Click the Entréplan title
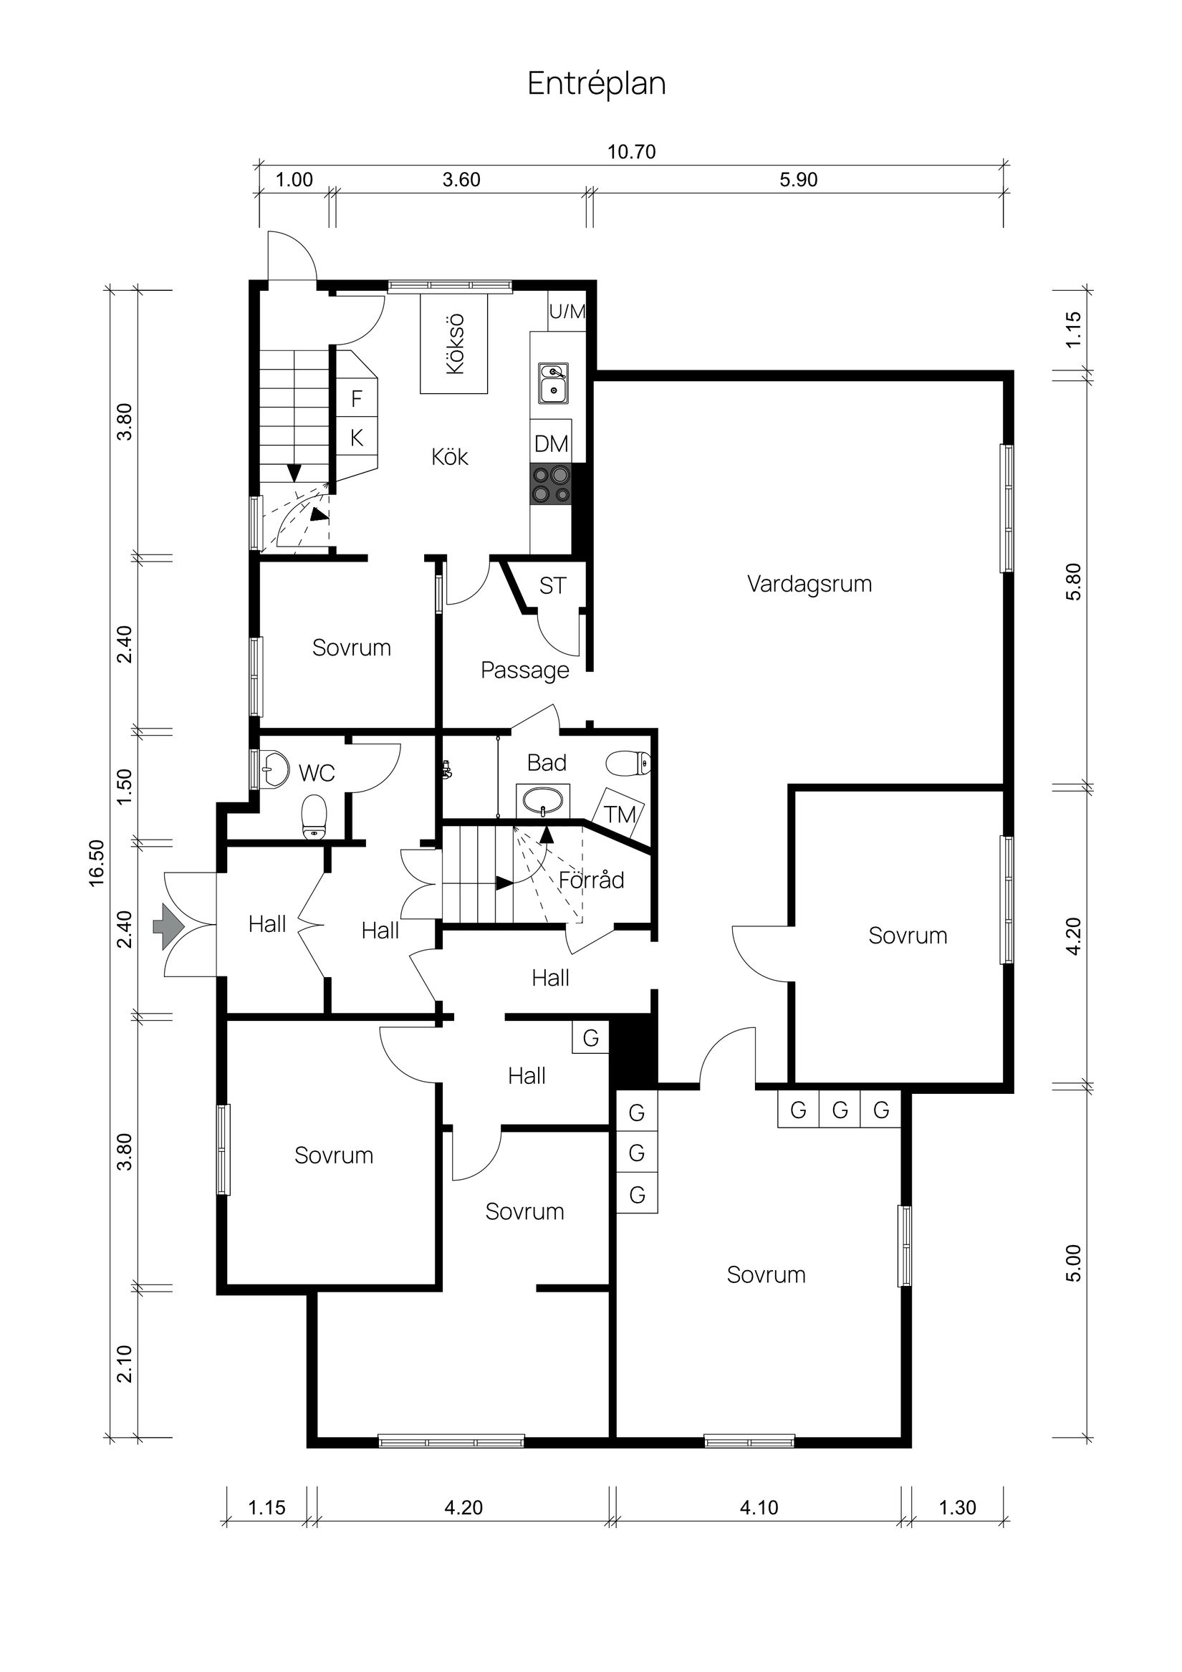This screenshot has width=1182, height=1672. tap(596, 84)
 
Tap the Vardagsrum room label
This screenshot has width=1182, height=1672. tap(809, 584)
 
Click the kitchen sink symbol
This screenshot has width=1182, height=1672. tap(554, 384)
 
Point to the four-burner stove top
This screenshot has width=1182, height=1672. tap(551, 484)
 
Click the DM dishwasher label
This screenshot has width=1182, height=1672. tap(551, 443)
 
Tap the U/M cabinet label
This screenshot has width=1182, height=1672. tap(567, 312)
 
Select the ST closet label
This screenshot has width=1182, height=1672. tap(552, 585)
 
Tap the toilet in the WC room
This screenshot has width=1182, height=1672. tap(314, 817)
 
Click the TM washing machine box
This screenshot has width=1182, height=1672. tap(618, 813)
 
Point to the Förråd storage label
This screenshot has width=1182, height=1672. tap(592, 880)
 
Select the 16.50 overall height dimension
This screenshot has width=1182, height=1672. tap(97, 863)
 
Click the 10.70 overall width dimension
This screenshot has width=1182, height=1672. tap(631, 152)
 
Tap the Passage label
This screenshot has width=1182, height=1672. tap(524, 670)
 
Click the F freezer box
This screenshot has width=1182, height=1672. tap(357, 398)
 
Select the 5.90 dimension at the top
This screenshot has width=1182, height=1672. tap(798, 180)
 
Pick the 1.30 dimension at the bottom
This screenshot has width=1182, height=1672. tap(957, 1507)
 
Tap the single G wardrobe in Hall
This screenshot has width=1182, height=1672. tap(590, 1038)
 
